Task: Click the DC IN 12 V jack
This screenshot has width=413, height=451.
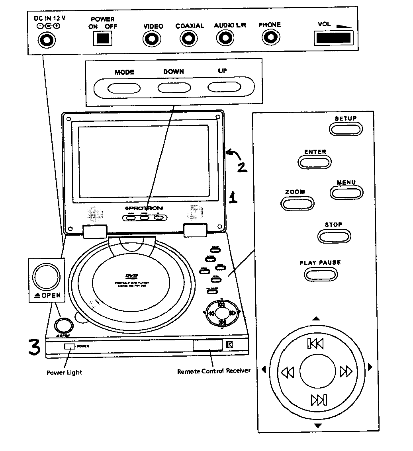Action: (x=47, y=40)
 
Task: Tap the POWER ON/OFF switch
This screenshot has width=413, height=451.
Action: (x=102, y=38)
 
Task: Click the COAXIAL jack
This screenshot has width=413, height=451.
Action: (x=188, y=39)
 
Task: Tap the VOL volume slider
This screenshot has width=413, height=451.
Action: (x=333, y=39)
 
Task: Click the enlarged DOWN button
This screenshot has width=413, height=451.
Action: (x=173, y=88)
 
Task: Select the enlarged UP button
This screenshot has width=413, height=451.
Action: (x=222, y=88)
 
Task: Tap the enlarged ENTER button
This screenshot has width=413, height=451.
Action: (x=315, y=162)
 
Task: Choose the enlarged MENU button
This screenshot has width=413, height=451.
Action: (x=346, y=193)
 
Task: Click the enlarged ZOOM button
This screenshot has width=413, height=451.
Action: (x=297, y=203)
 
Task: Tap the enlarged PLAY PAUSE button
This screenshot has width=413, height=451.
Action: (x=321, y=274)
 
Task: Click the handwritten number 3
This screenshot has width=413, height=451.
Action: (x=33, y=346)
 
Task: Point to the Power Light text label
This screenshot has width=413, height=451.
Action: (x=64, y=373)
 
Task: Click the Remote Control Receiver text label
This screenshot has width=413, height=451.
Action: (x=214, y=371)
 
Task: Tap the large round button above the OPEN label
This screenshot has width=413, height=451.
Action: (x=46, y=276)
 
